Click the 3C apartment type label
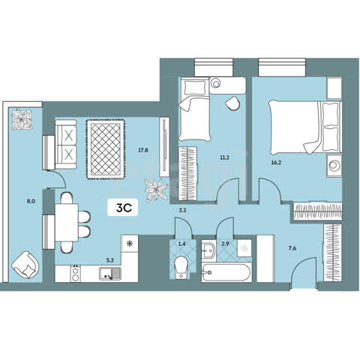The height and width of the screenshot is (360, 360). (x=124, y=208)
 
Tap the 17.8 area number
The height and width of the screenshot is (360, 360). (x=143, y=150)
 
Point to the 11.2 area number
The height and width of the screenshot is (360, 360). (x=225, y=157)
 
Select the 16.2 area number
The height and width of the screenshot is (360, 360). (x=277, y=163)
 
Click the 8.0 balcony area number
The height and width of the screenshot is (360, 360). (x=31, y=201)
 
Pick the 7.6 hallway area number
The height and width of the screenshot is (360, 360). (x=292, y=248)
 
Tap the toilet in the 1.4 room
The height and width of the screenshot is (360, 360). (x=181, y=268)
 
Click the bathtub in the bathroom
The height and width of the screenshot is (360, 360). (x=226, y=272)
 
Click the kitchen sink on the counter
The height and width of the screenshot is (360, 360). (x=110, y=274)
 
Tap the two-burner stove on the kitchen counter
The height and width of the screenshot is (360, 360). (x=75, y=274)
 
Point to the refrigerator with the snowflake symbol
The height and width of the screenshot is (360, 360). (x=130, y=244)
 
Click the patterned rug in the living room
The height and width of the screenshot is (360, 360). (x=106, y=149)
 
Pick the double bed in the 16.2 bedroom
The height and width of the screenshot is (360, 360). (x=305, y=127)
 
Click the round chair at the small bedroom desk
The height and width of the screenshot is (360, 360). (x=232, y=103)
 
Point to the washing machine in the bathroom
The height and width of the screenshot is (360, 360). (x=244, y=247)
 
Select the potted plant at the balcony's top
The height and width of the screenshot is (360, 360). (x=22, y=119)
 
